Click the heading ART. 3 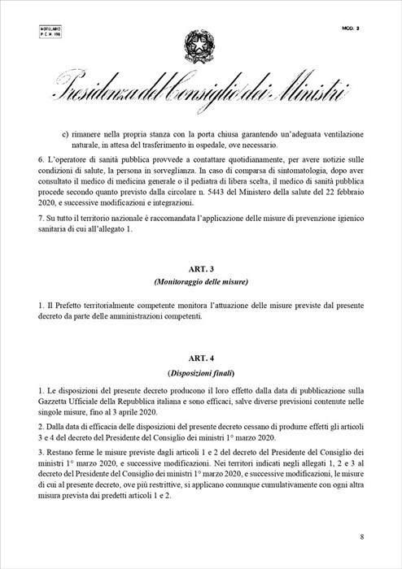[x=200, y=268]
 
